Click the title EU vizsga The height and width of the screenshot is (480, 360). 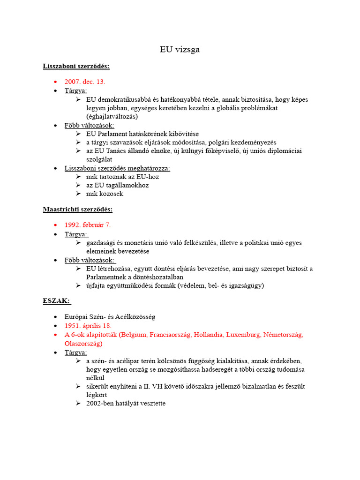[180, 49]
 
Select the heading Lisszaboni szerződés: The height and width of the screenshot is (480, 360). [76, 66]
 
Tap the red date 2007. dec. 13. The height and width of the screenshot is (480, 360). [85, 82]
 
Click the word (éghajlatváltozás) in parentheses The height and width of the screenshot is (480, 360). [112, 116]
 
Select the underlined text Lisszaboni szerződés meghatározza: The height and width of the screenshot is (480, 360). [117, 168]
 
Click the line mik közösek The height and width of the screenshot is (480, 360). [105, 194]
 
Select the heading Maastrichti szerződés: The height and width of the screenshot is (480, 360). [77, 209]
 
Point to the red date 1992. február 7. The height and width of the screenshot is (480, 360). [88, 225]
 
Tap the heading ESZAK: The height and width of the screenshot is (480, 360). [57, 301]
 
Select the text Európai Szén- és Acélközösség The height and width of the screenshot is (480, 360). [110, 317]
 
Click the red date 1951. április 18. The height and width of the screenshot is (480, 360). [88, 325]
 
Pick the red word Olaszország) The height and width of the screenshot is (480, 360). [83, 343]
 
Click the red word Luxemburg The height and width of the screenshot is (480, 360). [242, 335]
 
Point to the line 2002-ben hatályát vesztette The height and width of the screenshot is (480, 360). [126, 404]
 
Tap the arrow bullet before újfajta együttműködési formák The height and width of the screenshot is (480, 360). [78, 285]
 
